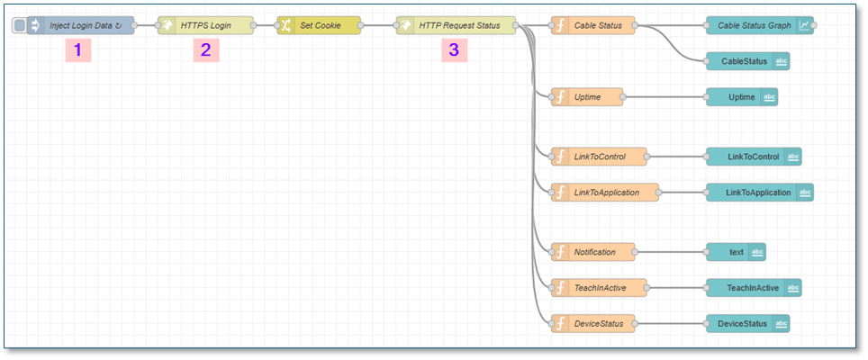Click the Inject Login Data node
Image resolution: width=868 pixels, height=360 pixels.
coord(81,25)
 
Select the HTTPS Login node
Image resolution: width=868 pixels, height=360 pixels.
coord(205,25)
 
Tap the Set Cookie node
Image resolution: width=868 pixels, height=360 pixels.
coord(319,25)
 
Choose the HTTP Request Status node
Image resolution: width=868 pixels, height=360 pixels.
coord(457,25)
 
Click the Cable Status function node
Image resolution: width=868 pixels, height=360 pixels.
coord(592,25)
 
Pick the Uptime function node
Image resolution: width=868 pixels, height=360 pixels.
coord(587,97)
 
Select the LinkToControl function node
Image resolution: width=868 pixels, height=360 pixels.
coord(599,157)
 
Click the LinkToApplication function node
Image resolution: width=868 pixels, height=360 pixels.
coord(605,192)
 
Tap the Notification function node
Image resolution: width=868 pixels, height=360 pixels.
coord(592,252)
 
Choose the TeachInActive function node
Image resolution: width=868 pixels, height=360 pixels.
coord(599,288)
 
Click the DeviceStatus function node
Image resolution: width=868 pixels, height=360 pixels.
coord(592,323)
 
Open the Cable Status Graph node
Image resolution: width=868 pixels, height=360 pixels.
coord(760,25)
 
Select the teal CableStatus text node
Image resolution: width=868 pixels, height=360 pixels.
coord(748,61)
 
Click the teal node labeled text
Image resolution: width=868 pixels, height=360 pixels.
coord(736,252)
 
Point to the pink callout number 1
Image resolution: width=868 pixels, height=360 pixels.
coord(78,50)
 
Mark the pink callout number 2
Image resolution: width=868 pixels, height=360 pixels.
coord(206,50)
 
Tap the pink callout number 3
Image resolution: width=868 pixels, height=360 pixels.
coord(454,50)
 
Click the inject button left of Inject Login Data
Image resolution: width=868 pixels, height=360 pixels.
coord(20,25)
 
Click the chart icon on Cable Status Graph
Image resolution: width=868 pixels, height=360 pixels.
coord(804,25)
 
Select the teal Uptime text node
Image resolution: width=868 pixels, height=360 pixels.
coord(742,97)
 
